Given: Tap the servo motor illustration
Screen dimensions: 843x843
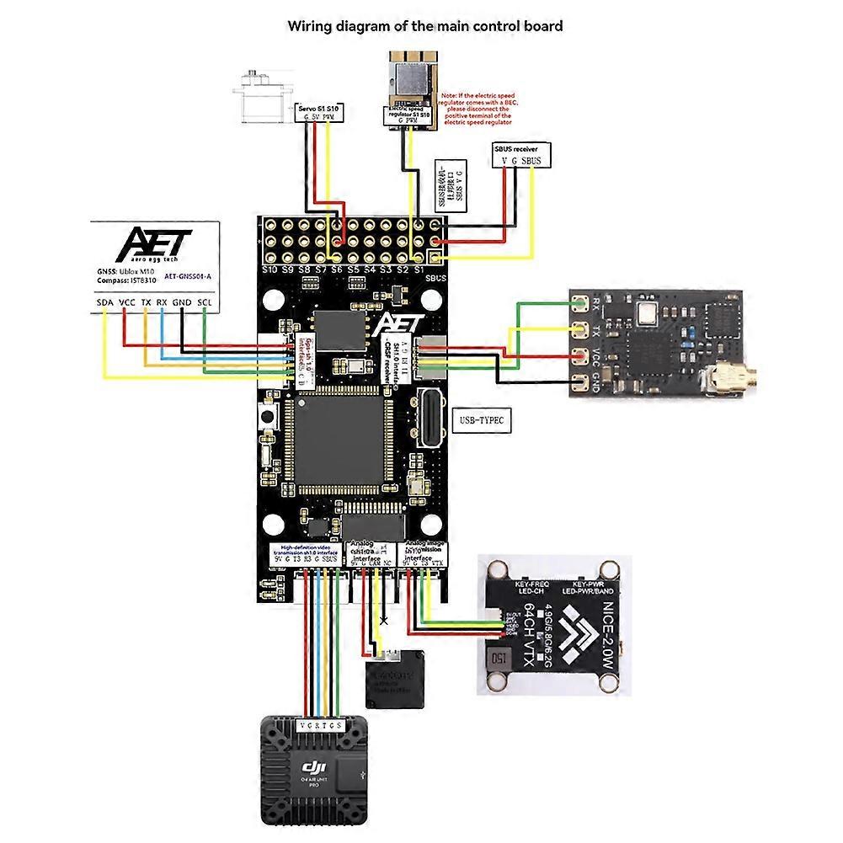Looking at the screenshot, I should (264, 98).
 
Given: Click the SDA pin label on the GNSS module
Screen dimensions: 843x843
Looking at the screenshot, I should (105, 302).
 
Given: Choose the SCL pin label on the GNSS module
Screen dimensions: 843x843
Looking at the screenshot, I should (205, 302).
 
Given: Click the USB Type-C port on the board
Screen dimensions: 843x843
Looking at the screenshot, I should (429, 413).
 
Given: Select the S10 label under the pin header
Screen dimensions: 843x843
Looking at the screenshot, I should (269, 270).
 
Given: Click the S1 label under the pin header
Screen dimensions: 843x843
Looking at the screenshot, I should (419, 270).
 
